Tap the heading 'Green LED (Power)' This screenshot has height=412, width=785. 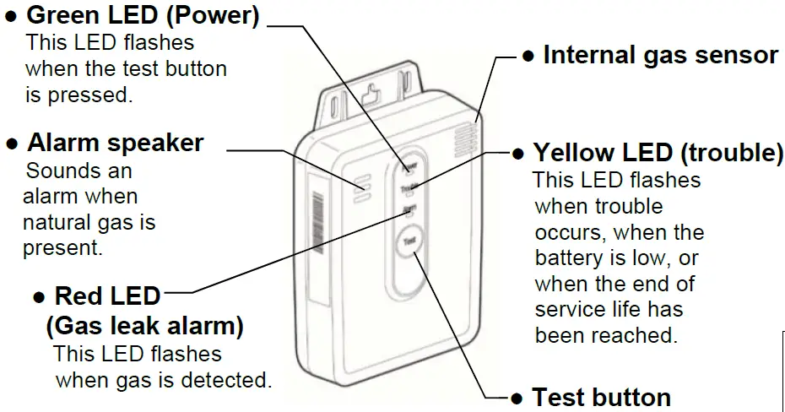pos(143,15)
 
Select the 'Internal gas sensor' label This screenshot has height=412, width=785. pos(660,55)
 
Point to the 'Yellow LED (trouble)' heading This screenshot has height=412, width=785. pos(658,153)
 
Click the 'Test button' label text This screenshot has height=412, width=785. pos(601,397)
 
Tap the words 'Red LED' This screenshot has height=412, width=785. pos(107,295)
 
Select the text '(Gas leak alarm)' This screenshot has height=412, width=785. pos(144,324)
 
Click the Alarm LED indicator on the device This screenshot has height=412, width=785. pos(409,210)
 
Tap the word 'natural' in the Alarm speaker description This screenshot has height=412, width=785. pos(57,223)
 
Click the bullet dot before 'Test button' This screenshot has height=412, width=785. pos(518,397)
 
